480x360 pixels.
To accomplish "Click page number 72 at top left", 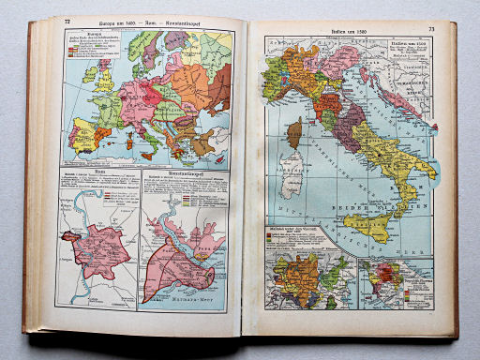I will (x=67, y=21).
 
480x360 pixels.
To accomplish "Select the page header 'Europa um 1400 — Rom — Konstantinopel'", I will (x=147, y=21).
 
